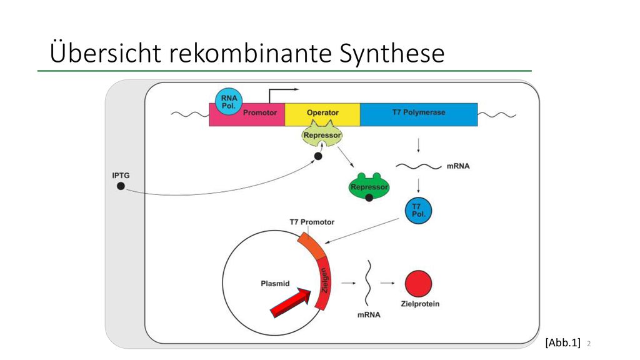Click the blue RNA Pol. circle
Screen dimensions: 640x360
(x=229, y=102)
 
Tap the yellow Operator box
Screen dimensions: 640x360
(x=322, y=114)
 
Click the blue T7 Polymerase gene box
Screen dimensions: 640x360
(x=419, y=114)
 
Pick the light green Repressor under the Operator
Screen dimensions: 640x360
(x=322, y=134)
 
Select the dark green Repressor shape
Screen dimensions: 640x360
(x=369, y=187)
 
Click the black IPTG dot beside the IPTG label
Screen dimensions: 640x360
(x=121, y=186)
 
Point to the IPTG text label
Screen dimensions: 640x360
(x=121, y=176)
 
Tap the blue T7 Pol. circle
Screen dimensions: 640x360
(x=418, y=211)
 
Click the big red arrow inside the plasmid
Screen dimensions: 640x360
(x=291, y=302)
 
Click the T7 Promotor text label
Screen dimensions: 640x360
(x=312, y=222)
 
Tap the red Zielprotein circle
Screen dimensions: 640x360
(x=418, y=284)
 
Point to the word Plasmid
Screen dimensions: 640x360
(x=275, y=284)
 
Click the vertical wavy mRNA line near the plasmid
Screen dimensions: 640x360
(x=368, y=282)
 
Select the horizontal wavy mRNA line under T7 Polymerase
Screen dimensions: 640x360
(x=419, y=166)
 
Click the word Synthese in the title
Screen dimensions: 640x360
(x=392, y=53)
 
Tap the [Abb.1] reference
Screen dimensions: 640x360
(x=562, y=342)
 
